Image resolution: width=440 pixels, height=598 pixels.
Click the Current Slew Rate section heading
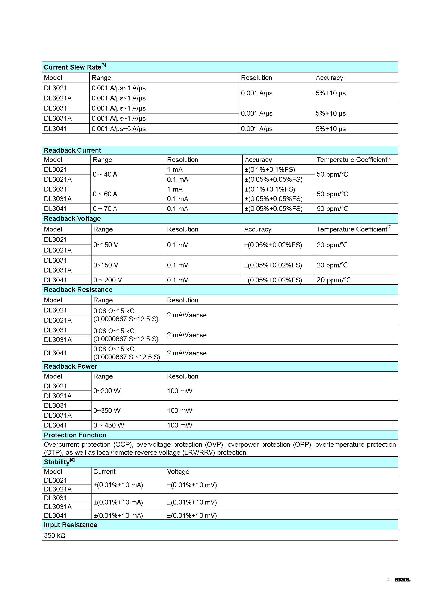74,67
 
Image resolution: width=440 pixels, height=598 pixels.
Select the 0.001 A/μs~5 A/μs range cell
119,129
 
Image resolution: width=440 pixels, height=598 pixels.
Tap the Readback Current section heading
72,150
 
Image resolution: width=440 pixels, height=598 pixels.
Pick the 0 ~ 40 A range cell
105,174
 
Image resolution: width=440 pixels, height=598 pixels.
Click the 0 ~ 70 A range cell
105,209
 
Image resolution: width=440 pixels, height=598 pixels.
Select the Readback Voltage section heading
72,219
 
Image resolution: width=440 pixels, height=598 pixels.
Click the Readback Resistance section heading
78,290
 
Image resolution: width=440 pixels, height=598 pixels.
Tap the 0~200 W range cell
107,391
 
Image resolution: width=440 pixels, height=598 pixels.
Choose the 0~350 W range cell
107,410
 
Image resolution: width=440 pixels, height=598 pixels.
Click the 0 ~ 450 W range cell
109,425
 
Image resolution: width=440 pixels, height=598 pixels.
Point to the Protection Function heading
75,435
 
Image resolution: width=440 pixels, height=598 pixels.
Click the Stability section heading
59,462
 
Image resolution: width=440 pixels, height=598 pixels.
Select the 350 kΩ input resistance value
55,535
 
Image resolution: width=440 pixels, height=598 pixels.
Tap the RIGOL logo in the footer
402,580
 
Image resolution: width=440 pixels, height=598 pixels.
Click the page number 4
388,580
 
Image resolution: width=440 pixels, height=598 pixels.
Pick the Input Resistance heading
70,525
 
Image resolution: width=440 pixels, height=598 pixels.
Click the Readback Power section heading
70,367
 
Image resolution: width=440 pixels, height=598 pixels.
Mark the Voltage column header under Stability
178,471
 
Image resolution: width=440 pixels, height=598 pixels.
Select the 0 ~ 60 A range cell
105,194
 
